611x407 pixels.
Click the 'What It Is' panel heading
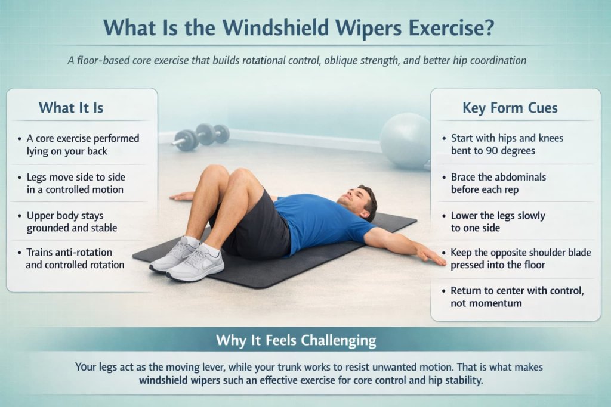tap(71, 108)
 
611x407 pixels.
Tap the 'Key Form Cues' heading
tap(510, 108)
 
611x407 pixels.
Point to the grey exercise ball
tap(405, 141)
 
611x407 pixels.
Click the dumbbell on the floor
tap(200, 136)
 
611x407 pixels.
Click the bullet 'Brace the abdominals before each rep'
tap(498, 183)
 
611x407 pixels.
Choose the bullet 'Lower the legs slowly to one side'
tap(498, 222)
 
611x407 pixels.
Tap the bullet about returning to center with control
tap(517, 297)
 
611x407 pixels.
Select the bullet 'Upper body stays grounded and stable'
tap(72, 221)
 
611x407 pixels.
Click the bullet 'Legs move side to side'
tap(76, 184)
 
